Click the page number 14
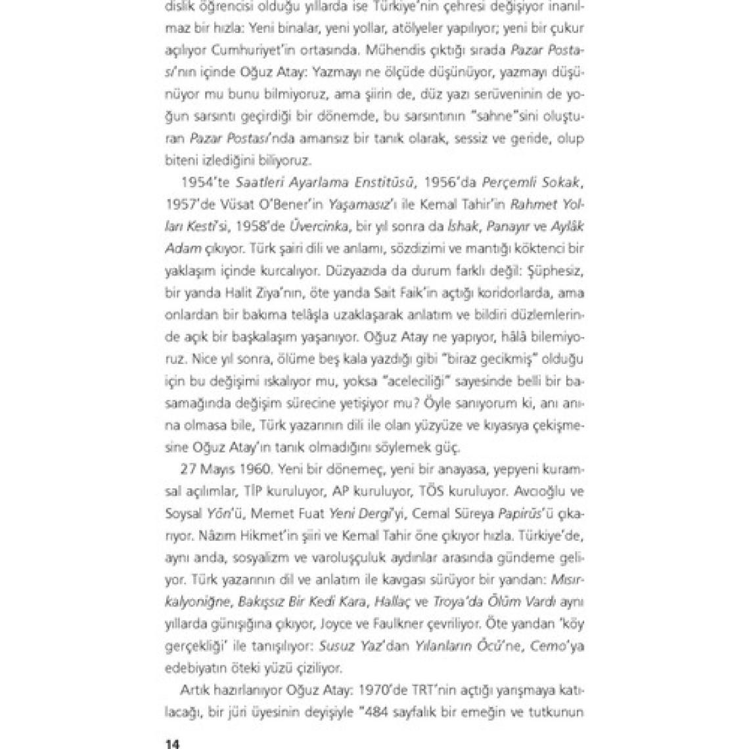(171, 744)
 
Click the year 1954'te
(198, 181)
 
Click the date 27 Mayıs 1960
(224, 470)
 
